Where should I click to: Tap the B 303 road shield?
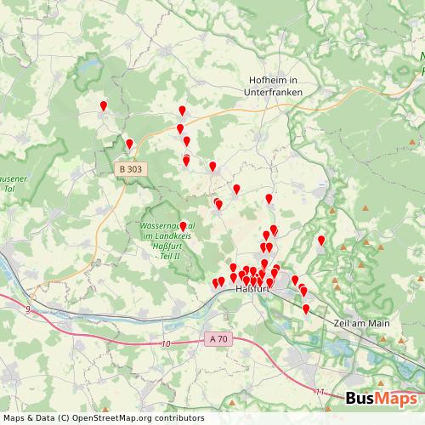131,170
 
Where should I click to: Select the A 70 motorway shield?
218,338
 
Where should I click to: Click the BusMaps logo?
382,399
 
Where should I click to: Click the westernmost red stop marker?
104,106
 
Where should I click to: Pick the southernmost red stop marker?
306,309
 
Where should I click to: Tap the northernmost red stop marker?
104,106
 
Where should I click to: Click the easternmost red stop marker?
321,241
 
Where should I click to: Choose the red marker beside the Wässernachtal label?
183,226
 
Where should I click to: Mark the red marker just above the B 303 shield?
129,144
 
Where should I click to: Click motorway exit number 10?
166,344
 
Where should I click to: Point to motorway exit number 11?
319,392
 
